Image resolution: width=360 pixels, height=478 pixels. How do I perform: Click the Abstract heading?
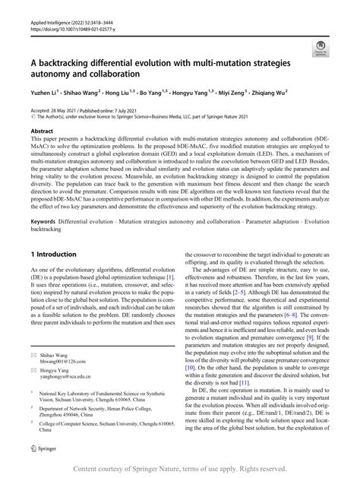coord(43,132)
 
